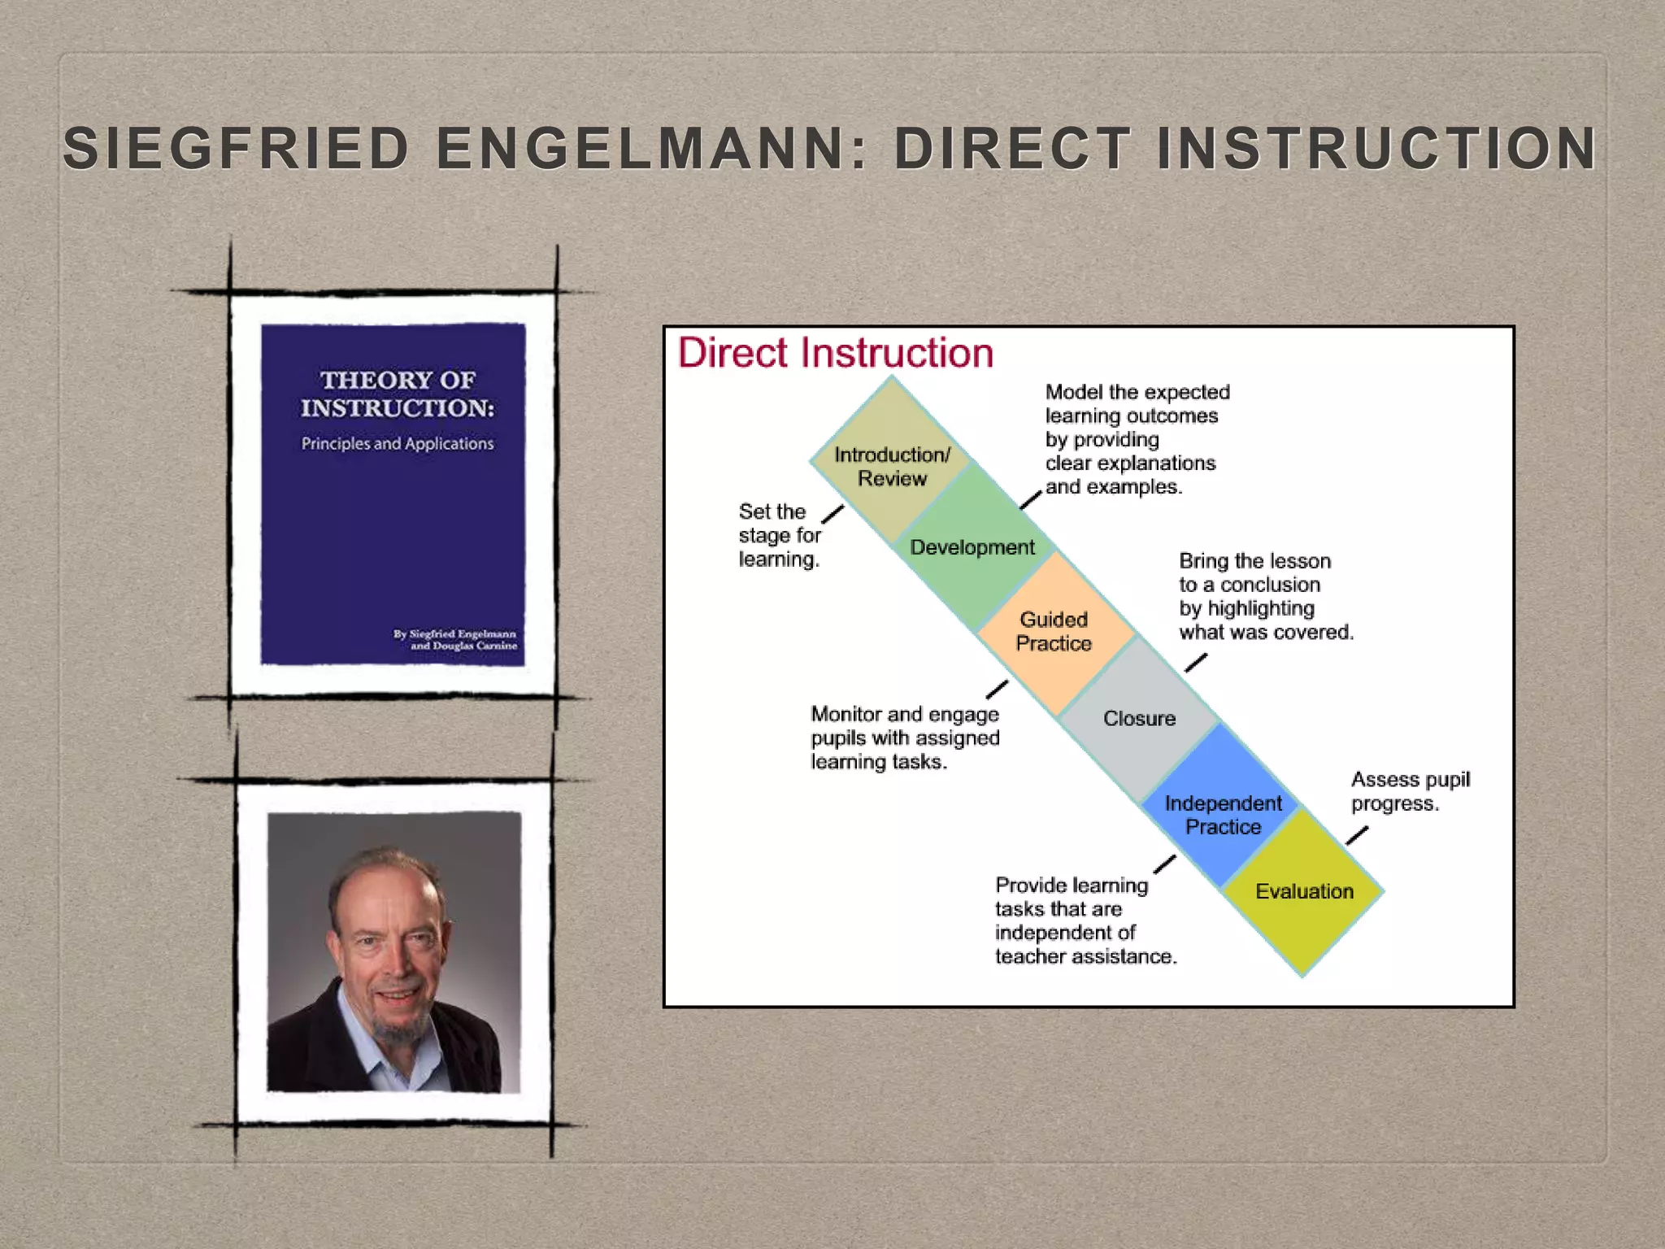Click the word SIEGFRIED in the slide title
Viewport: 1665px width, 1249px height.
(x=236, y=149)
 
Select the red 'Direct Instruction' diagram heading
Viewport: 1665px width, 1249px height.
(x=836, y=353)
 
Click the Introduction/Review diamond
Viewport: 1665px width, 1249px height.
(x=892, y=463)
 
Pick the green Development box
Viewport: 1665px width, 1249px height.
(x=973, y=546)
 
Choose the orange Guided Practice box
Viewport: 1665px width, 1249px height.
(x=1054, y=631)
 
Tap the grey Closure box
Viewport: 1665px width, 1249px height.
(x=1139, y=718)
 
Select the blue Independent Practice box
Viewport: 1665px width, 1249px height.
(x=1223, y=814)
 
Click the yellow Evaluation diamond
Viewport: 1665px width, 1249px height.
(x=1304, y=891)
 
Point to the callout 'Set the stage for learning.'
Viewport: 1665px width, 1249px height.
(x=779, y=535)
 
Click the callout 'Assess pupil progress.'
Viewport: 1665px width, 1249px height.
(x=1410, y=791)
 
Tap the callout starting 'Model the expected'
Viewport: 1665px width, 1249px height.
(x=1137, y=439)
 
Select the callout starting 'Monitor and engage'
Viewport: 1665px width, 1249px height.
(x=904, y=738)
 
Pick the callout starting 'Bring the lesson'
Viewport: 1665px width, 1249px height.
(x=1265, y=596)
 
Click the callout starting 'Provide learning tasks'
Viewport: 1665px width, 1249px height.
(x=1085, y=920)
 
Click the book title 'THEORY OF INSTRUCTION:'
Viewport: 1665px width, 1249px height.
(x=397, y=394)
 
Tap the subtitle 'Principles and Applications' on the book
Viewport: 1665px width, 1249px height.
(x=397, y=444)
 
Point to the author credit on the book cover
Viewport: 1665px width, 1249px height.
(x=454, y=639)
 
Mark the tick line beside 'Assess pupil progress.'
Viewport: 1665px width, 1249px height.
(x=1357, y=835)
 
